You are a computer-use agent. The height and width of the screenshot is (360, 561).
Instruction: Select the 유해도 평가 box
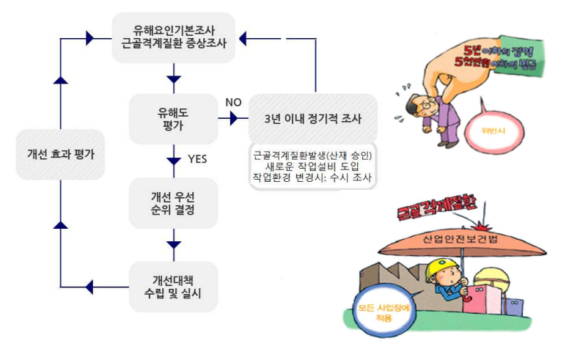[x=174, y=118]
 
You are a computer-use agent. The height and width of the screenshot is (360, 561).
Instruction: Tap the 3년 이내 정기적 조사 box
[x=312, y=118]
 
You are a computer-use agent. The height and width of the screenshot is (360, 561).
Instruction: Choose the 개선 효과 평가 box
[x=60, y=155]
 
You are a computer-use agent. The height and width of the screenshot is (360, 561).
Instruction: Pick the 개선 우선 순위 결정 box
[x=174, y=203]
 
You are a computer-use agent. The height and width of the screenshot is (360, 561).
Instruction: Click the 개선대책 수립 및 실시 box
[x=174, y=287]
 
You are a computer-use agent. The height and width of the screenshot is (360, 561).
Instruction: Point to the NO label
[x=233, y=102]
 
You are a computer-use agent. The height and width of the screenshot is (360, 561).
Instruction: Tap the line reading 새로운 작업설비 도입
[x=312, y=166]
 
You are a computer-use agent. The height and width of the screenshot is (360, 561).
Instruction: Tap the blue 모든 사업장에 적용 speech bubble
[x=381, y=311]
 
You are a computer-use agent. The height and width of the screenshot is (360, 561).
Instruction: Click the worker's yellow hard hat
[x=439, y=272]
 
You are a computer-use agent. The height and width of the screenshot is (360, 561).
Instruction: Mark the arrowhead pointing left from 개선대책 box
[x=90, y=286]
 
